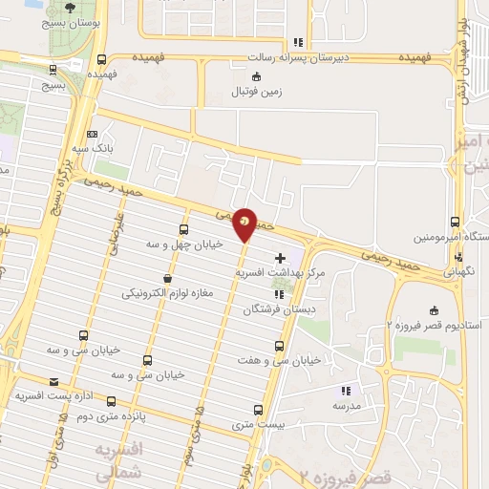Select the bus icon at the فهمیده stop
click(102, 58)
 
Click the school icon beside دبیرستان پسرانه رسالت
click(299, 41)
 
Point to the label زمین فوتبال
click(250, 93)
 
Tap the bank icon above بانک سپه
click(92, 135)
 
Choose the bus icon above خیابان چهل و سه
click(184, 229)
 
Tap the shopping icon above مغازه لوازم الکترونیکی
click(168, 279)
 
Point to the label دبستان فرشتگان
click(272, 310)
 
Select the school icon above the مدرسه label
click(346, 390)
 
